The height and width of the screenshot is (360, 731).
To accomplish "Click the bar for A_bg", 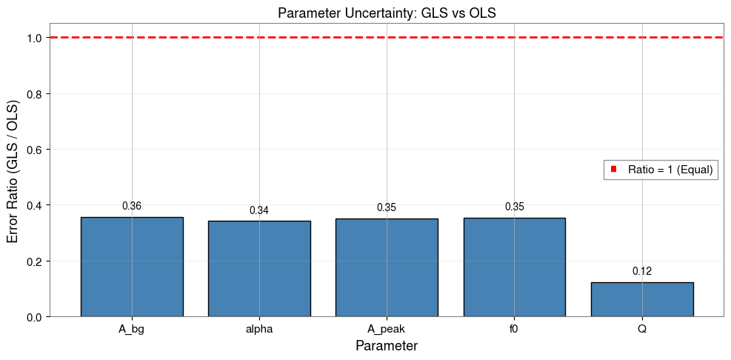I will pos(132,267).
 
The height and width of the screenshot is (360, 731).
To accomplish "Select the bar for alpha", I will pos(259,269).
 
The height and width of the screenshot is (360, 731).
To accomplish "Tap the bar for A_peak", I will pos(387,267).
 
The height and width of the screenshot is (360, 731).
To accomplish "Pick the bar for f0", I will pos(514,267).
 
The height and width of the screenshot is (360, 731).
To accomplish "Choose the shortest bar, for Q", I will pos(642,299).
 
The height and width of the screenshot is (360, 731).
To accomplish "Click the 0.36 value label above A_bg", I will pos(132,206).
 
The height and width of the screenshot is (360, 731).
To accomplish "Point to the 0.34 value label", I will pos(259,210).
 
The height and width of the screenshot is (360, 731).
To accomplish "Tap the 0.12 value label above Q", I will pos(642,272).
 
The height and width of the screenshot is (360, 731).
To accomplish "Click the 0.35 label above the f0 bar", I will pos(514,207).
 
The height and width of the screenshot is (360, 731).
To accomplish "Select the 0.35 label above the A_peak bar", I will pos(387,207).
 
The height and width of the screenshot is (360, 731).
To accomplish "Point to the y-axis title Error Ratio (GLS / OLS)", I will pos(13,177).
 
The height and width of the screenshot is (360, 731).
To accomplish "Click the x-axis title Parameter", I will pos(386,346).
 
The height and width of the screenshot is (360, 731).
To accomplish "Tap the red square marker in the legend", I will pos(614,170).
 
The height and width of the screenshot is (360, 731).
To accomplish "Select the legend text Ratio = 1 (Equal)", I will pos(670,170).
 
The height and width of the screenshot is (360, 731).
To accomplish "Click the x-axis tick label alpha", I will pos(259,329).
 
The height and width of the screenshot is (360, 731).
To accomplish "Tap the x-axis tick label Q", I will pos(642,329).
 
